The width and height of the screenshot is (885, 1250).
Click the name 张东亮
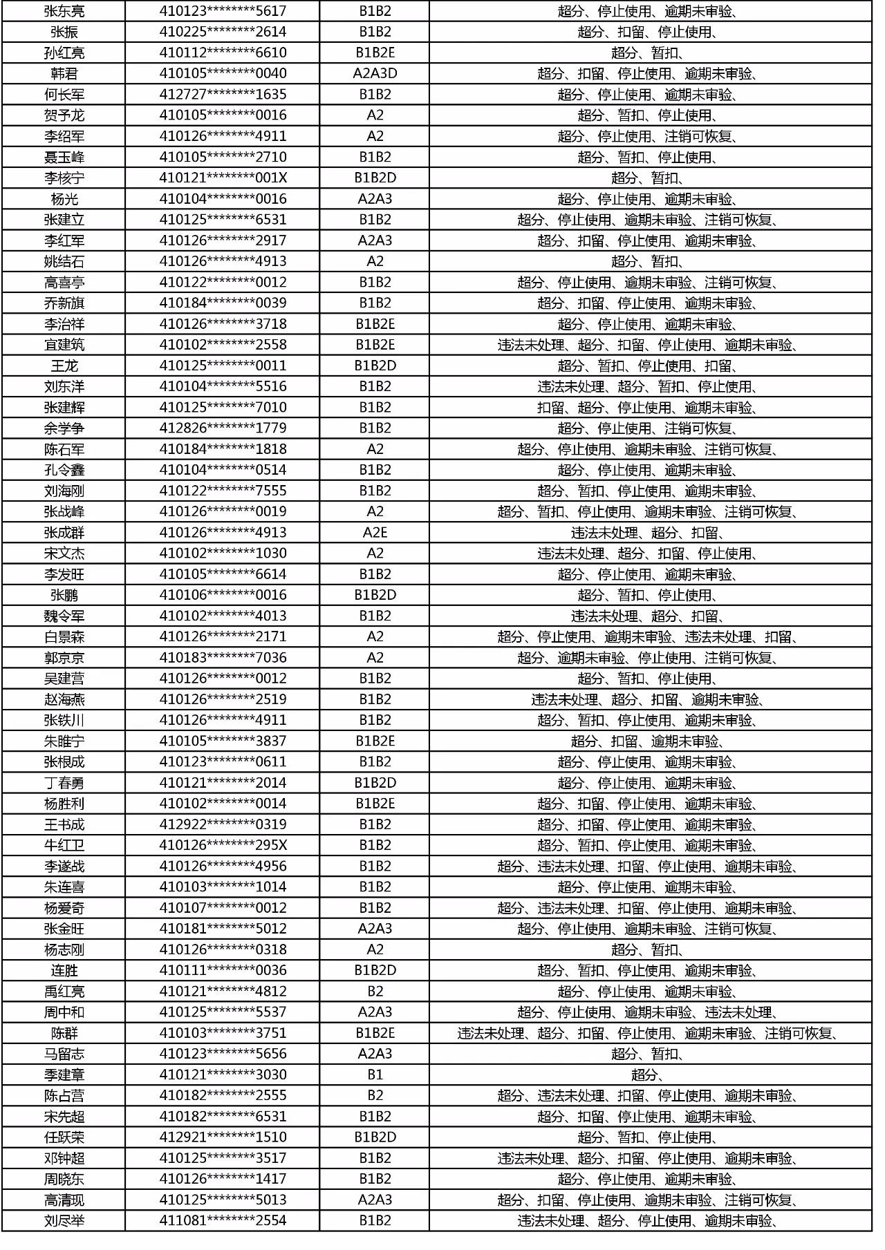point(64,11)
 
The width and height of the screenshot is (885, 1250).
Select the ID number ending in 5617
point(223,11)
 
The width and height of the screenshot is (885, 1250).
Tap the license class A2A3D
point(375,73)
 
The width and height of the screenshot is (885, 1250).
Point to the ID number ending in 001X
point(223,178)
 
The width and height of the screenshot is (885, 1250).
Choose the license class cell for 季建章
point(375,1074)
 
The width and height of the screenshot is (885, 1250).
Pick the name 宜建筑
point(64,345)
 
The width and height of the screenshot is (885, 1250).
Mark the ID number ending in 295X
point(223,845)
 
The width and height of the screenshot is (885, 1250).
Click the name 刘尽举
point(64,1220)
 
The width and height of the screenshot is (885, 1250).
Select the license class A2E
point(375,532)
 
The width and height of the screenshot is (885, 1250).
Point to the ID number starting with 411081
point(223,1220)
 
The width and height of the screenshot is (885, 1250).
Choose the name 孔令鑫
point(64,470)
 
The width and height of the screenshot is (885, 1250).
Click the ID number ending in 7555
point(223,491)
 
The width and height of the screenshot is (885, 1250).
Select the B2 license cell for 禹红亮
point(375,991)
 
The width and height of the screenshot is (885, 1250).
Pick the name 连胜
point(64,970)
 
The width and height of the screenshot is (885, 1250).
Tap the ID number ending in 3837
point(223,741)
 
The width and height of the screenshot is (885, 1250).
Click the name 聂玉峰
point(64,157)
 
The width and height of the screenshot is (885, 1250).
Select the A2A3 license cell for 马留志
point(375,1054)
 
